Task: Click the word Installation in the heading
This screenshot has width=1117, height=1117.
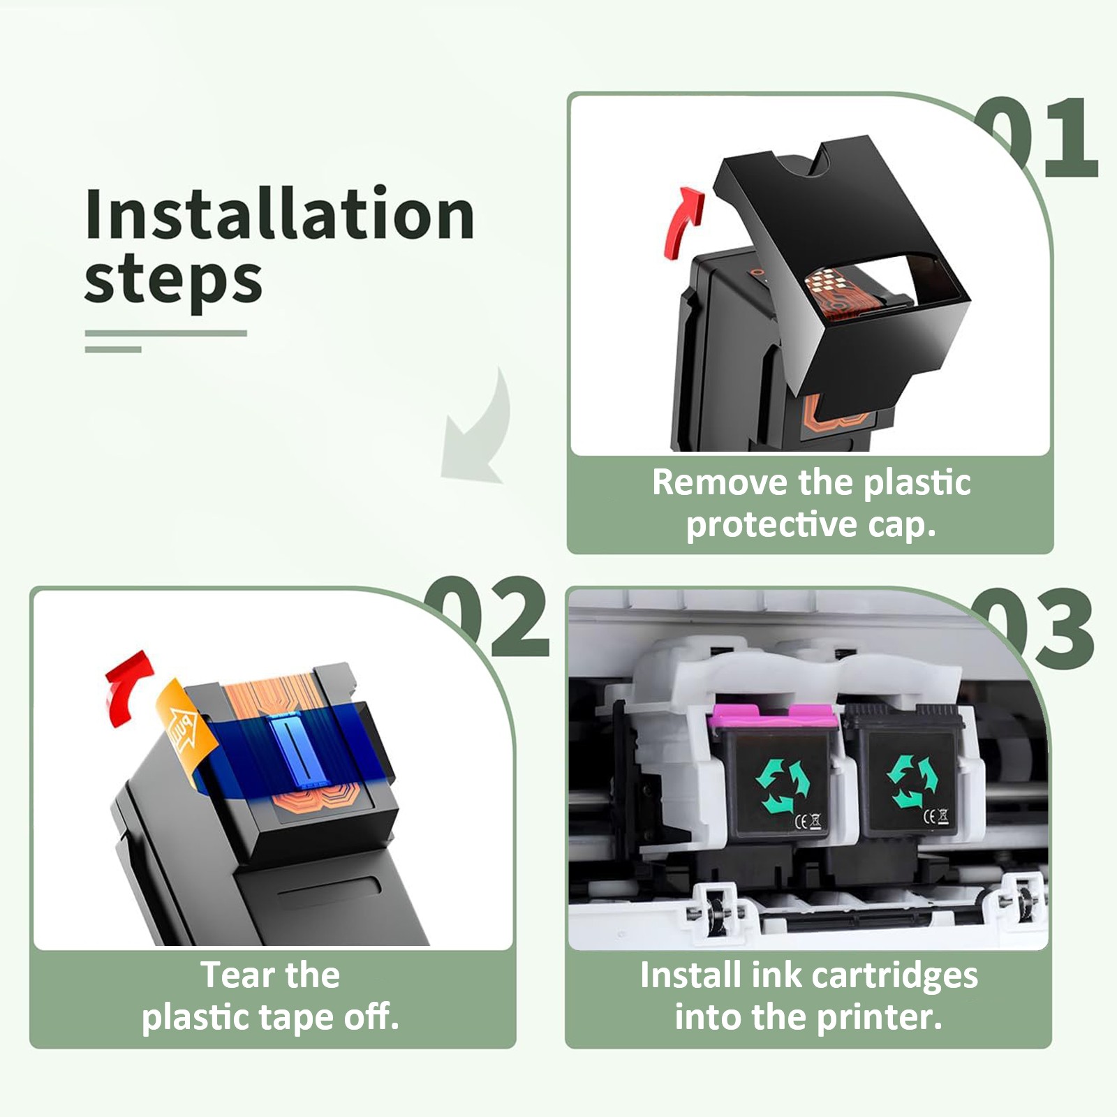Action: [279, 214]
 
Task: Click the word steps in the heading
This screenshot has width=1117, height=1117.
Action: [173, 281]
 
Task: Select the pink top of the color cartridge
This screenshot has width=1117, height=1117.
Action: [772, 718]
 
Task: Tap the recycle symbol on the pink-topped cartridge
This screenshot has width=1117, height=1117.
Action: [783, 785]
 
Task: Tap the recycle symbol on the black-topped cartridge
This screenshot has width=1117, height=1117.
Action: [912, 781]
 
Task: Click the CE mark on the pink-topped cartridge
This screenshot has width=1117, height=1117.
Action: [808, 821]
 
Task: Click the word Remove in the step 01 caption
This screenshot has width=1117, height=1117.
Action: [720, 482]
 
